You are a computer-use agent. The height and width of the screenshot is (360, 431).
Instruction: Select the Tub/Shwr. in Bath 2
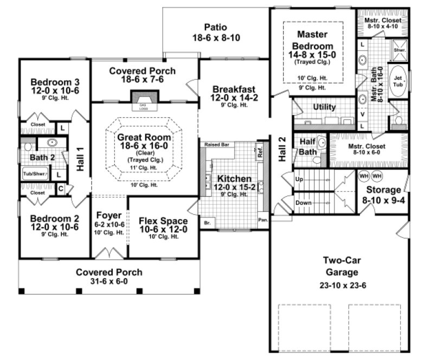pyautogui.click(x=35, y=174)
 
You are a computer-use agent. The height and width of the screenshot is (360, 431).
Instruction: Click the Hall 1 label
pyautogui.click(x=80, y=160)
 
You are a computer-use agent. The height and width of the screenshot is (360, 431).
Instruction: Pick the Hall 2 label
pyautogui.click(x=282, y=149)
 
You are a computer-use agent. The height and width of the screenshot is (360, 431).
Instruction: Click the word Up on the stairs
pyautogui.click(x=299, y=178)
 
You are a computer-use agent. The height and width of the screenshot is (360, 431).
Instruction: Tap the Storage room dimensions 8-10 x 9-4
pyautogui.click(x=383, y=200)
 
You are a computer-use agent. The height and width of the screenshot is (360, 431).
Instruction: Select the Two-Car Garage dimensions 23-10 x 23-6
pyautogui.click(x=339, y=286)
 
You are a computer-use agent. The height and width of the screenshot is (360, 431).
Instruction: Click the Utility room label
pyautogui.click(x=325, y=107)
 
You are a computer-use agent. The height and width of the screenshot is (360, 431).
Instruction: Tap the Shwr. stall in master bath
pyautogui.click(x=400, y=50)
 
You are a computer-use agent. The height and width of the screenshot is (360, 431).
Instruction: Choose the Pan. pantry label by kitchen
pyautogui.click(x=262, y=221)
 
